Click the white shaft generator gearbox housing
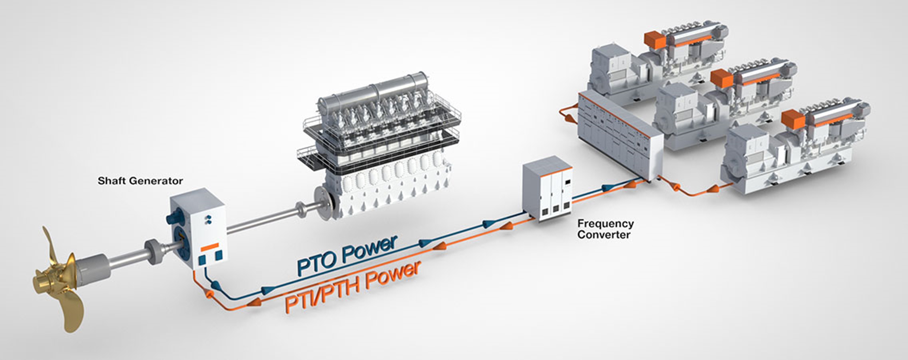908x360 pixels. pos(206,226)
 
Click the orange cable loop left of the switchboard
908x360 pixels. pos(567,116)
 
